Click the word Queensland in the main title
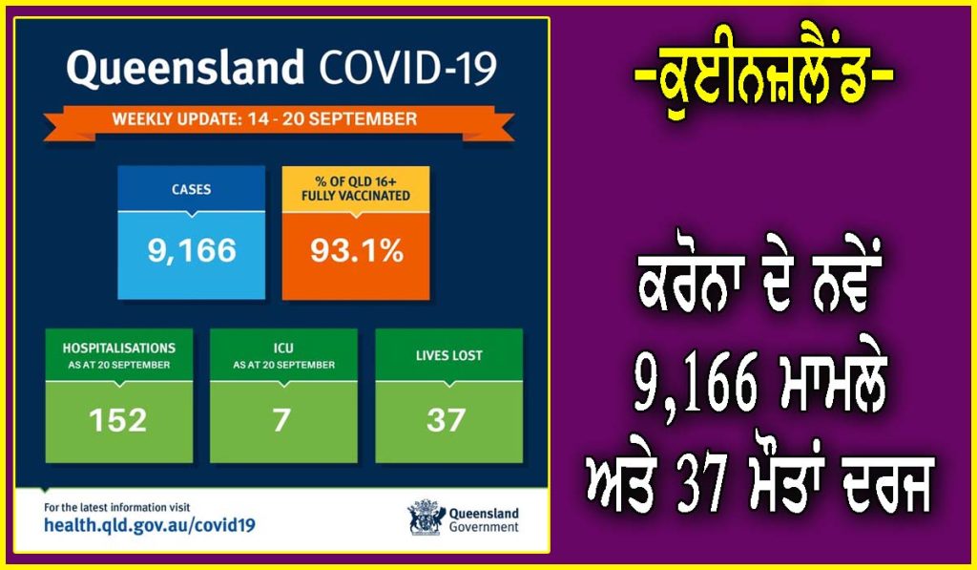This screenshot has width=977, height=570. [185, 68]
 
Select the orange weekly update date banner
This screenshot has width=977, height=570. [279, 122]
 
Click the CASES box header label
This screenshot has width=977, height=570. [191, 189]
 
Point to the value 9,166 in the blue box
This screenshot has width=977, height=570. [192, 251]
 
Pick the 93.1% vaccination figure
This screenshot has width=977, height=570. [357, 251]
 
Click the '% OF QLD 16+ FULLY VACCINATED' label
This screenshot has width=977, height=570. [356, 188]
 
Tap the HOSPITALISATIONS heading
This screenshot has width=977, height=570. [119, 348]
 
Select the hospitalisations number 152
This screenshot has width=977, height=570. [117, 420]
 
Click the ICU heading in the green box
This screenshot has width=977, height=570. [283, 348]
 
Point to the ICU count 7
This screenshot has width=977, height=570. [282, 420]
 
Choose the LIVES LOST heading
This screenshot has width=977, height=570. [449, 355]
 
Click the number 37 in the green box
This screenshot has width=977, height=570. [447, 420]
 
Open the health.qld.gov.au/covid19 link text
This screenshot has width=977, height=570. [150, 525]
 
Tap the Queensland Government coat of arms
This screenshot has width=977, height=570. [426, 517]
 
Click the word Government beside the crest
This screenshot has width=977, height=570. [484, 527]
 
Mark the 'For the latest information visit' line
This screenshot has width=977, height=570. [117, 508]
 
